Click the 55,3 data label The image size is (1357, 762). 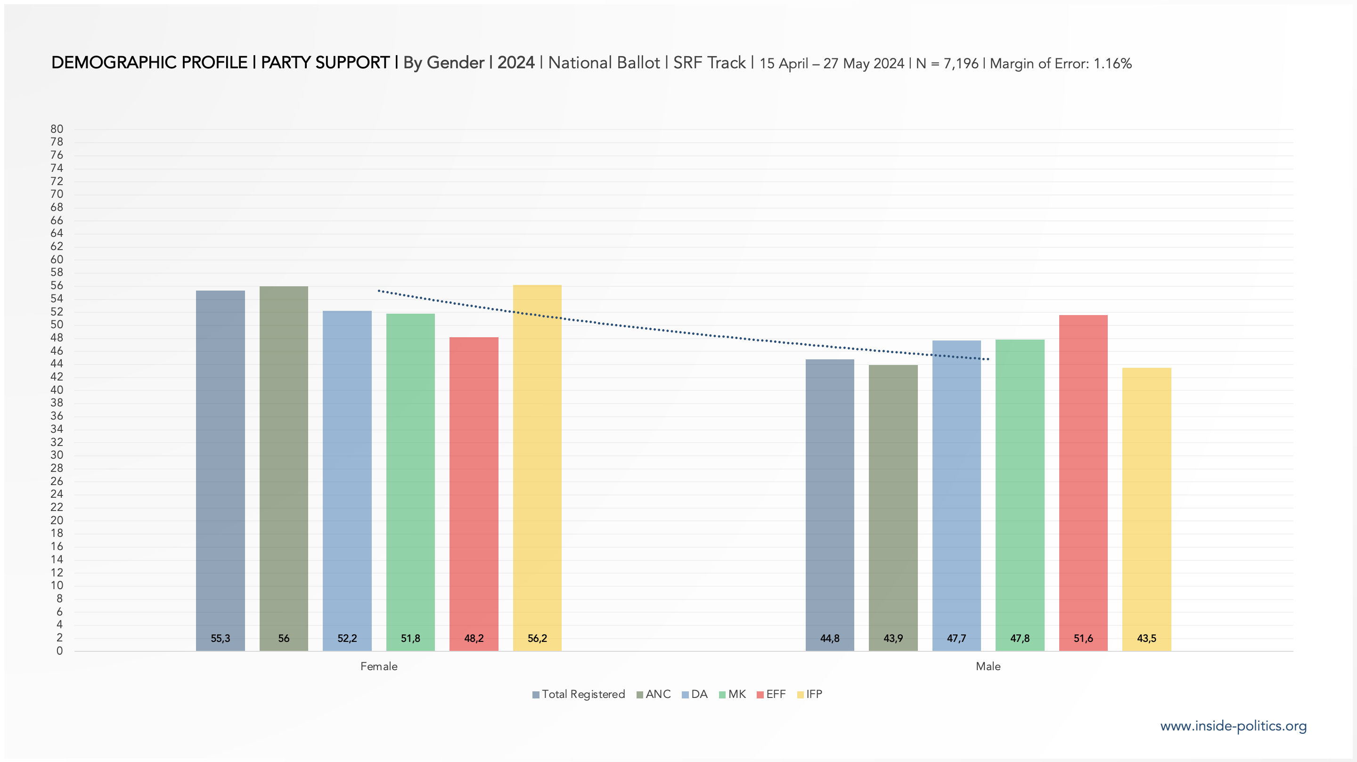pos(220,638)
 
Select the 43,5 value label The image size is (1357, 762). pos(1146,638)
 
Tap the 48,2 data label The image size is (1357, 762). pos(474,638)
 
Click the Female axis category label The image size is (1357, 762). pos(379,666)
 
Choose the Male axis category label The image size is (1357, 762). pos(988,666)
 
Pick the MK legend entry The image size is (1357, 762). pos(733,694)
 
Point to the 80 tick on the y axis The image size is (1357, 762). pos(57,129)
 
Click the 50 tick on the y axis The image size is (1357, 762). pos(57,324)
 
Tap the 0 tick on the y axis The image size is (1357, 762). pos(59,651)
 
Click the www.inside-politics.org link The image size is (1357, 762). pos(1233,726)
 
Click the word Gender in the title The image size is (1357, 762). pos(455,63)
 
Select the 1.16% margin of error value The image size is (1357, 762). pos(1112,64)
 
